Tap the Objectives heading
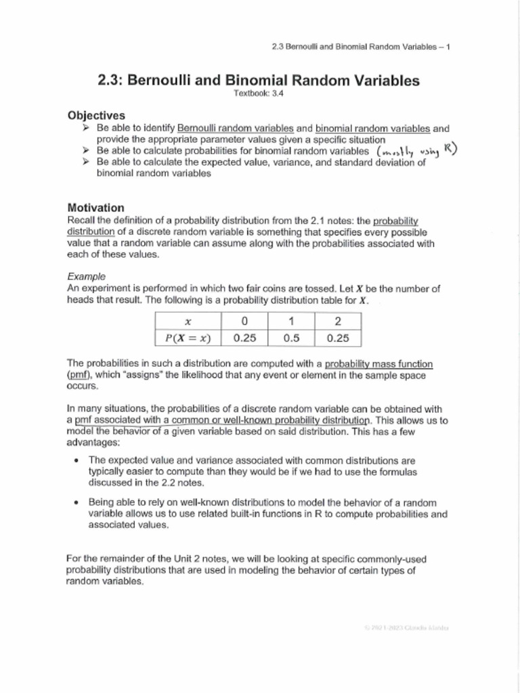click(96, 116)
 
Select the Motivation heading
click(95, 208)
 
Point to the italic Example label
click(85, 276)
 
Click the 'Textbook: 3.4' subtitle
click(259, 94)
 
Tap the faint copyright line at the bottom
click(406, 628)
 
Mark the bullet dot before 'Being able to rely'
click(78, 503)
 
